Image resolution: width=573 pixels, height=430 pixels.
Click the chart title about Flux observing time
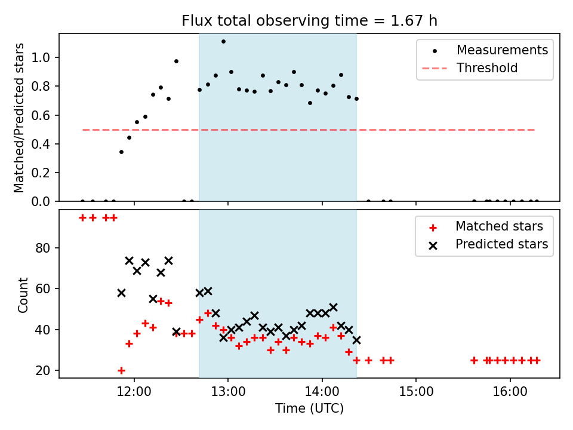pos(309,21)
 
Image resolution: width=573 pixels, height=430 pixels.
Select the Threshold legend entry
pos(486,68)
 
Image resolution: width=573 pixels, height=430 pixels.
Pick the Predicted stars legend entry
pos(501,244)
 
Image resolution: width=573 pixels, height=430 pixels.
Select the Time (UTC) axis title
pos(309,409)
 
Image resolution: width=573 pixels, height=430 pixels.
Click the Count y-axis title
pos(23,295)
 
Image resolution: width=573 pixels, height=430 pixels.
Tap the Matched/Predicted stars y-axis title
pos(20,118)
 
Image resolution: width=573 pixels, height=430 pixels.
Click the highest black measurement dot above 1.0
pos(223,42)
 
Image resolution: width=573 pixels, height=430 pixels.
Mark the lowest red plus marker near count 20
pos(121,370)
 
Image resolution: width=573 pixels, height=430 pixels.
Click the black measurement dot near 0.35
pos(121,152)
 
